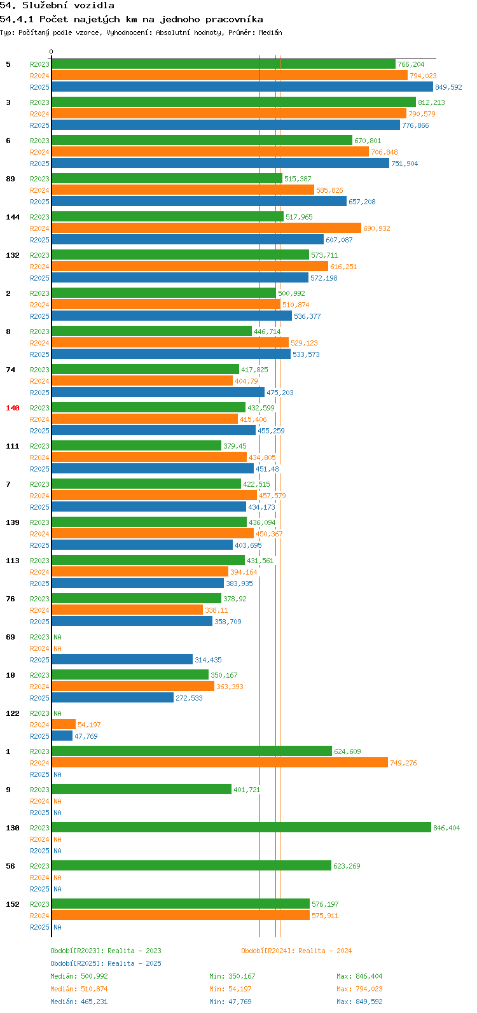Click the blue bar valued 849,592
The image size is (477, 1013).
(x=242, y=87)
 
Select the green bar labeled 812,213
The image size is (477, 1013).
(x=234, y=102)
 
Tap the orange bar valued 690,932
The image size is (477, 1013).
(x=207, y=228)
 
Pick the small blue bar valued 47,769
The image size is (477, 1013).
(x=62, y=736)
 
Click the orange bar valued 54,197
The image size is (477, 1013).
(x=64, y=725)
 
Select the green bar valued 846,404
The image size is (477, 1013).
(x=242, y=828)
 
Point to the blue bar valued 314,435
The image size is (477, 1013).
(x=122, y=660)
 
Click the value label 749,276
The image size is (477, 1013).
(x=403, y=763)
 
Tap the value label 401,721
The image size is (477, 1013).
(x=247, y=790)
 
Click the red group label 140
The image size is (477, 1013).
(x=13, y=408)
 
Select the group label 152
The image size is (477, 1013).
(x=13, y=904)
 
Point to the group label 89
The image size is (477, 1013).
(x=10, y=179)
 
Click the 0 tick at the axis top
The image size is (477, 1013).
(x=51, y=52)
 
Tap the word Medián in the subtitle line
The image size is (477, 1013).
(x=270, y=32)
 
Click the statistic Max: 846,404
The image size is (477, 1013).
(x=359, y=976)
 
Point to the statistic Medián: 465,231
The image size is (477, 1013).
(x=79, y=1002)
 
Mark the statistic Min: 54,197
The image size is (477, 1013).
(x=230, y=989)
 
